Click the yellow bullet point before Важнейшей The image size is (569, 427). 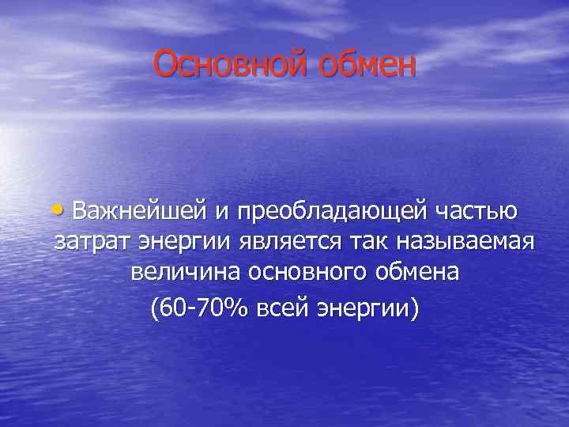click(x=60, y=210)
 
